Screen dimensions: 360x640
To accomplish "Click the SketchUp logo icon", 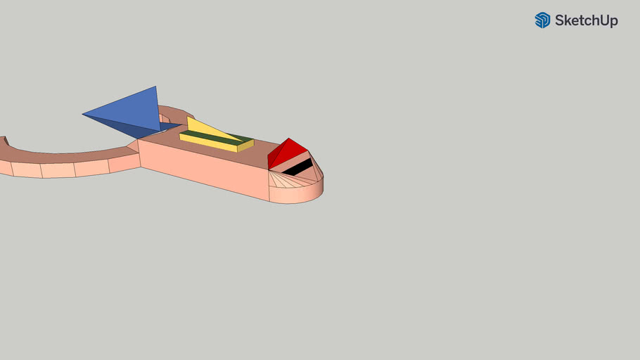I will [542, 20].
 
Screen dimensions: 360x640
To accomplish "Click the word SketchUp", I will [586, 20].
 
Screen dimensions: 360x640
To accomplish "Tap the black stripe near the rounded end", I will [298, 167].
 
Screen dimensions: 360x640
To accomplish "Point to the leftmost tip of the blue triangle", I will [84, 114].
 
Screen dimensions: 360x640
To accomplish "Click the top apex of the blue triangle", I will [155, 87].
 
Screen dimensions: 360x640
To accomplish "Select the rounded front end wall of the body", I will [299, 193].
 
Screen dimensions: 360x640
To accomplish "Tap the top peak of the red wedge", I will [289, 139].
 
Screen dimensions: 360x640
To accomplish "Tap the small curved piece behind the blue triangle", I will [176, 112].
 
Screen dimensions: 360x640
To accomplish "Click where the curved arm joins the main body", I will [135, 148].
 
